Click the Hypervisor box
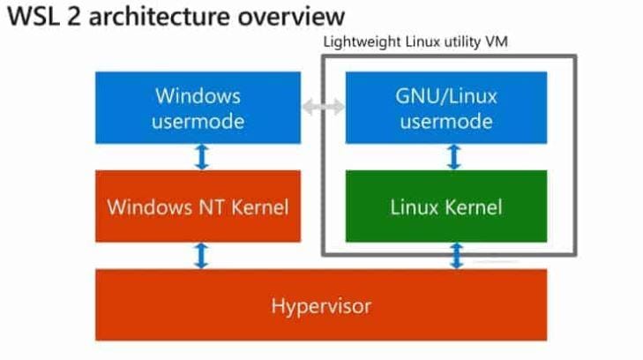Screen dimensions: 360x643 (x=320, y=305)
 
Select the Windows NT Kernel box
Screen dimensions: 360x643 (x=198, y=207)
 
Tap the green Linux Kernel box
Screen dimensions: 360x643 (x=445, y=207)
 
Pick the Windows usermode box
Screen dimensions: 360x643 (x=198, y=108)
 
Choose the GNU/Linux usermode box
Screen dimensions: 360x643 (x=445, y=108)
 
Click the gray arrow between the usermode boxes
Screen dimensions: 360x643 (x=323, y=107)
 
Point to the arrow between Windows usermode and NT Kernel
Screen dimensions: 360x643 (x=202, y=157)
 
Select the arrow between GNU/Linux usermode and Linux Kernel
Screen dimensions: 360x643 (x=454, y=157)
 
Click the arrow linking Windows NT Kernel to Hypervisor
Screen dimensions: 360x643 (x=202, y=256)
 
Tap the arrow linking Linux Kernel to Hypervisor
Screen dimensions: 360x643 (x=457, y=256)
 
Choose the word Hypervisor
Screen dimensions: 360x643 (x=320, y=306)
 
